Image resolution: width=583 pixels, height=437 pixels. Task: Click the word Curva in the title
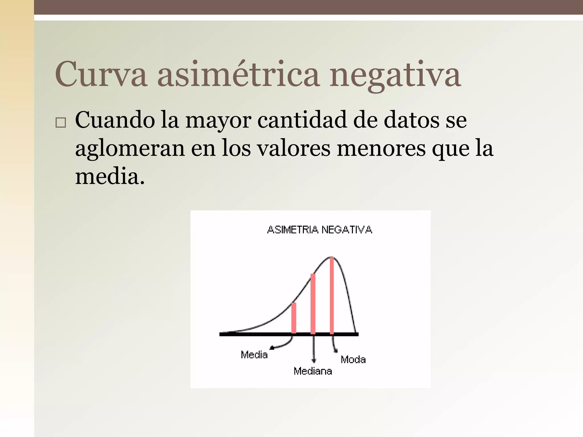[101, 75]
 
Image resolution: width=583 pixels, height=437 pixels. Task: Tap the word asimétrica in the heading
[238, 75]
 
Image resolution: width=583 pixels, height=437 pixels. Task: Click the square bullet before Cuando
[61, 123]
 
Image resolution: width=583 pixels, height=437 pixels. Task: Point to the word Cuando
[115, 120]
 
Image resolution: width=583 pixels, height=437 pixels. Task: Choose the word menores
[381, 148]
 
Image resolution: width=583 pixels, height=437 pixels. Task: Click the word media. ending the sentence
[110, 176]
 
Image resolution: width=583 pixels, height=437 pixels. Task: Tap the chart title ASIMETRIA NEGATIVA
[319, 230]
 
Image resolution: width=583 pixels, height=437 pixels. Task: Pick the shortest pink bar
[294, 318]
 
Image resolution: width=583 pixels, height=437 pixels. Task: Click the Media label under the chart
[254, 355]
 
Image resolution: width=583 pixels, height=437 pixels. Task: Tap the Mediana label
[313, 371]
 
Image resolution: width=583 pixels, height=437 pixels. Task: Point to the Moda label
[353, 360]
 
